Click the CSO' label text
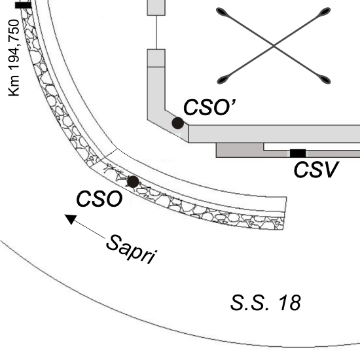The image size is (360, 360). [209, 107]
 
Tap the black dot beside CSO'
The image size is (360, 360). [177, 123]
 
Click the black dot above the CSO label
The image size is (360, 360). [133, 182]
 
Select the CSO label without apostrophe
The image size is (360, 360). [99, 199]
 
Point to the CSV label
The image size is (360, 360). [316, 170]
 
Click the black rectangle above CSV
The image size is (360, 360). [298, 153]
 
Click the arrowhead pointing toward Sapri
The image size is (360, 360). [71, 219]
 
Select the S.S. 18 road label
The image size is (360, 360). [265, 303]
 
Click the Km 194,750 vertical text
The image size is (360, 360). [14, 58]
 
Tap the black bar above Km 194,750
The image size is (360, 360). [23, 5]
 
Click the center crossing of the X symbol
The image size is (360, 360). [274, 46]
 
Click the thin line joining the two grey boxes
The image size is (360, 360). [156, 32]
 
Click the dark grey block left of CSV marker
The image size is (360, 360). [240, 150]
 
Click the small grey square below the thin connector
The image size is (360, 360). [156, 58]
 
